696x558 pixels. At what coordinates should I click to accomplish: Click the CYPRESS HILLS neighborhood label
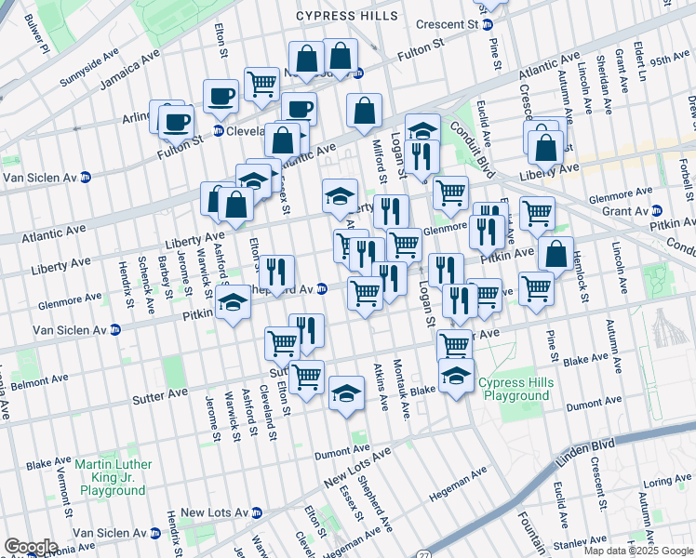(347, 16)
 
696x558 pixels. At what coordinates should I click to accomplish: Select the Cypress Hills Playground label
(515, 389)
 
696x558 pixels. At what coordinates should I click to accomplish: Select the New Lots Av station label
(213, 512)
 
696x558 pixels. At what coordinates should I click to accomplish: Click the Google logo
(31, 547)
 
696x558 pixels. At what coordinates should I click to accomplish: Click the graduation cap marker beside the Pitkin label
(234, 301)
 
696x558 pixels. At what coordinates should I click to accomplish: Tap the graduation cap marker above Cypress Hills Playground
(455, 376)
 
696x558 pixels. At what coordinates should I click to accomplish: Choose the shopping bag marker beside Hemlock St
(555, 253)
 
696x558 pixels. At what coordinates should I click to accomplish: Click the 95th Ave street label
(669, 60)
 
